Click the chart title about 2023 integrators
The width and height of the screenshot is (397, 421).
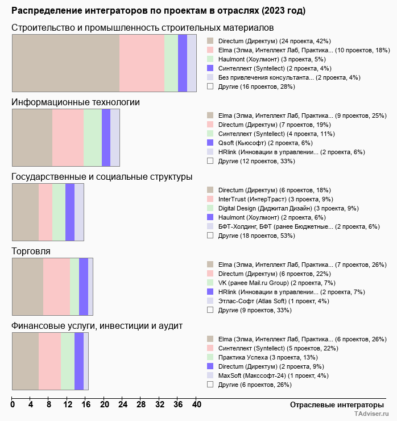158,11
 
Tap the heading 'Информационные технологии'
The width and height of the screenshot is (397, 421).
76,102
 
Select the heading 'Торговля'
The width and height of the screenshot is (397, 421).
31,251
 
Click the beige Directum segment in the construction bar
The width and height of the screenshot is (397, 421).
66,63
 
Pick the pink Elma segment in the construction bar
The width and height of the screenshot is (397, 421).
142,63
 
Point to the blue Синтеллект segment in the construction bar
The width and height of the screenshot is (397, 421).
183,63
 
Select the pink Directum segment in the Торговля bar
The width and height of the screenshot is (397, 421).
56,286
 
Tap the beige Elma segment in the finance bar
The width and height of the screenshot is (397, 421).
25,361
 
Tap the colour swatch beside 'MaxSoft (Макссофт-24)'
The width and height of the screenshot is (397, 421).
210,375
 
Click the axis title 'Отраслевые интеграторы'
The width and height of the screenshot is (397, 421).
333,405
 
